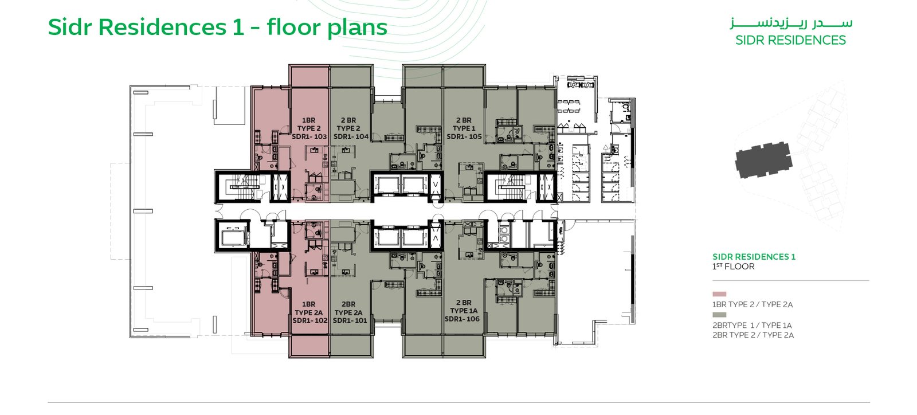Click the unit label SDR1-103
click(x=309, y=136)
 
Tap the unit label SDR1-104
click(x=351, y=136)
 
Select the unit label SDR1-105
click(x=464, y=136)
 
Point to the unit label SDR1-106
click(x=462, y=319)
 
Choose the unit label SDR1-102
click(x=310, y=320)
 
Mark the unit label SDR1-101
click(x=350, y=320)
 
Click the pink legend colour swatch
click(x=719, y=294)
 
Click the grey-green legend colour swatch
click(x=719, y=315)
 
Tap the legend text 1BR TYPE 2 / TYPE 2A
click(x=753, y=304)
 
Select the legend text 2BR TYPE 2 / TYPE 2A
click(x=753, y=335)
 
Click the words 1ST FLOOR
click(x=733, y=267)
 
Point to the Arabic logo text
click(x=790, y=24)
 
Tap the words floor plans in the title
click(x=327, y=28)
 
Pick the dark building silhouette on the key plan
click(x=763, y=160)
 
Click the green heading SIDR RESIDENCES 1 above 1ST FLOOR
click(x=754, y=257)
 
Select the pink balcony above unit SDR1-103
click(x=309, y=77)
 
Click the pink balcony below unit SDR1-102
click(x=309, y=346)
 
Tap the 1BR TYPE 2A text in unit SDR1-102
click(x=309, y=308)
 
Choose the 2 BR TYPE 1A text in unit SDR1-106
click(x=464, y=307)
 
